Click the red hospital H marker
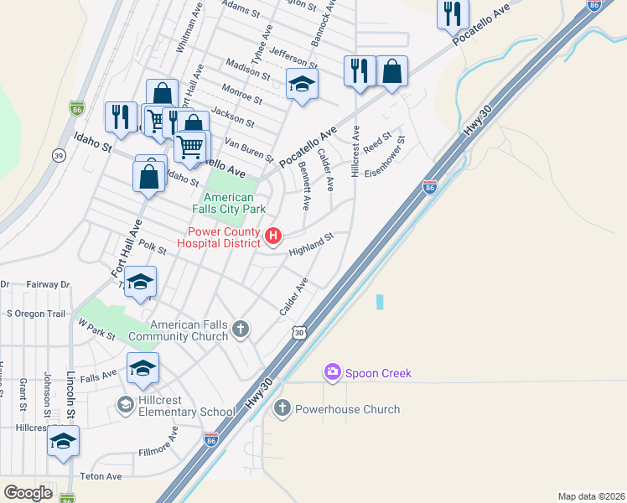272,236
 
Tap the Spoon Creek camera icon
333,371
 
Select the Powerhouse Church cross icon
282,408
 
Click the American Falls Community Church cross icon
241,328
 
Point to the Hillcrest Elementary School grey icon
126,406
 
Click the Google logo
28,492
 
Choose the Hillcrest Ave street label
356,151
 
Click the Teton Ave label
101,476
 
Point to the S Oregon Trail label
35,314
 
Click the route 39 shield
58,155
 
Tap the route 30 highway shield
299,333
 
